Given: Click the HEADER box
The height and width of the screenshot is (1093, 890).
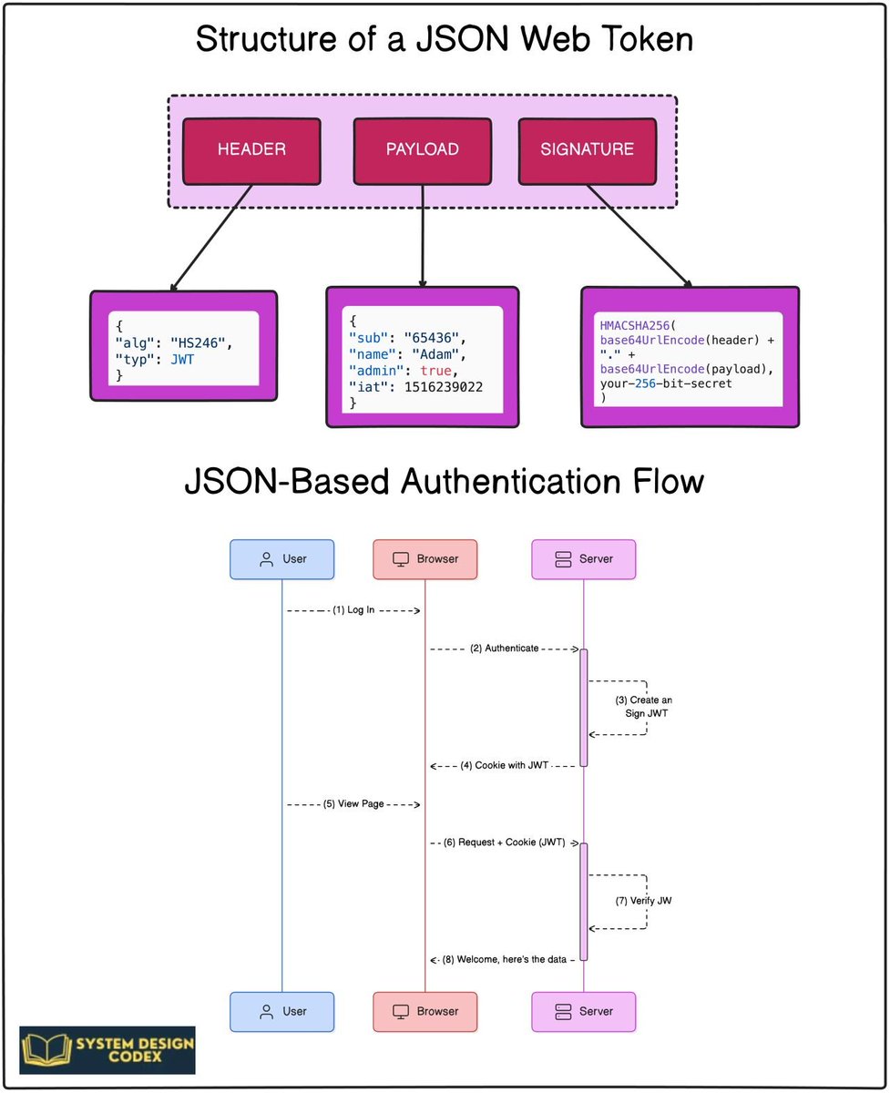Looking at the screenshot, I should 251,149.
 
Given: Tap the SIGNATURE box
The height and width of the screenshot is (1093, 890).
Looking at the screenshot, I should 588,149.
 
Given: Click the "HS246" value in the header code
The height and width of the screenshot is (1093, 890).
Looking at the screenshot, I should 202,342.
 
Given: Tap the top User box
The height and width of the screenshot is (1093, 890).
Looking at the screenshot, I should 281,559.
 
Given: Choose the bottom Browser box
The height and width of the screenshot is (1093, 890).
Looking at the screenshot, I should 425,1011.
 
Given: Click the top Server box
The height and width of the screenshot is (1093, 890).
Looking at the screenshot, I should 583,559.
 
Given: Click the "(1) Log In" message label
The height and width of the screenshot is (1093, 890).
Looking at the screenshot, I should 354,610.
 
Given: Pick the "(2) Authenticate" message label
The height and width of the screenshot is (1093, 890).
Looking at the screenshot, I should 505,649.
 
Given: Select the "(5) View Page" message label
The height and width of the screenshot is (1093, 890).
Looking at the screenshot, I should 353,804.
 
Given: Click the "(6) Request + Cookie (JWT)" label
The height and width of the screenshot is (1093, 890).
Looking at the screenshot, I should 505,843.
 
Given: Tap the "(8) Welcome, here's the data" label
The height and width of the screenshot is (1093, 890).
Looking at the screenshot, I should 505,959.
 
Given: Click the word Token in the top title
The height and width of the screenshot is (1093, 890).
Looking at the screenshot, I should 643,41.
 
